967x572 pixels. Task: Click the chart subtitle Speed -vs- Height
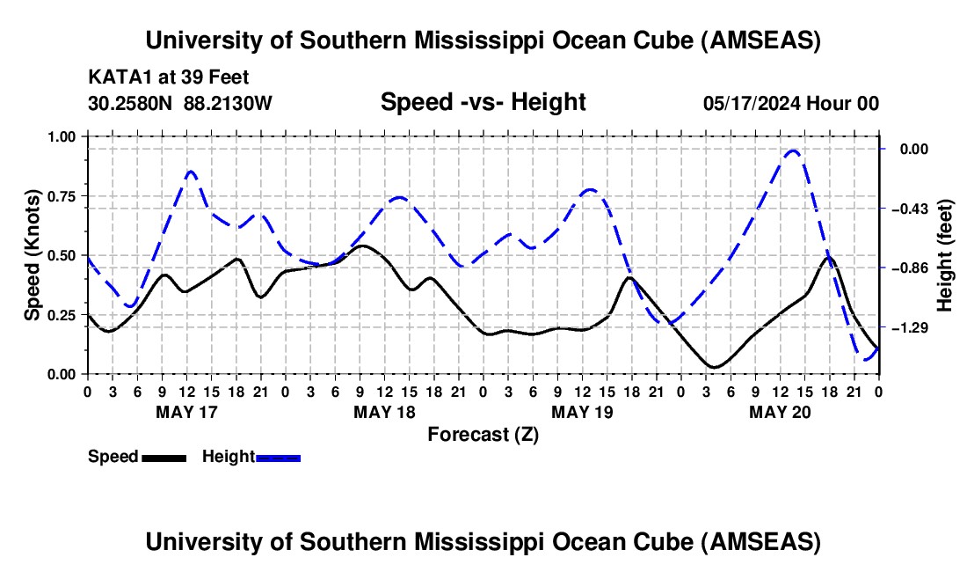[x=483, y=102]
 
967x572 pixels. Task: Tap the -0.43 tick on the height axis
[x=910, y=209]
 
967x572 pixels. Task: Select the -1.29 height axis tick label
[x=910, y=327]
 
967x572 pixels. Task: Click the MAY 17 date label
[x=186, y=411]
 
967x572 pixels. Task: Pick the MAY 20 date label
[x=780, y=411]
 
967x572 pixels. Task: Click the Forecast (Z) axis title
[x=483, y=434]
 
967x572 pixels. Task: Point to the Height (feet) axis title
[x=946, y=255]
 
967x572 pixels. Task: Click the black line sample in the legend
[x=164, y=457]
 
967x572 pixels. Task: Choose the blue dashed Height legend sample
[x=278, y=457]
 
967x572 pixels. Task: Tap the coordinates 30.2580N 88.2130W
[x=180, y=103]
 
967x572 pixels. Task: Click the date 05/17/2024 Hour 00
[x=790, y=103]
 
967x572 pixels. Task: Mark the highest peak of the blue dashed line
[x=793, y=150]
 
